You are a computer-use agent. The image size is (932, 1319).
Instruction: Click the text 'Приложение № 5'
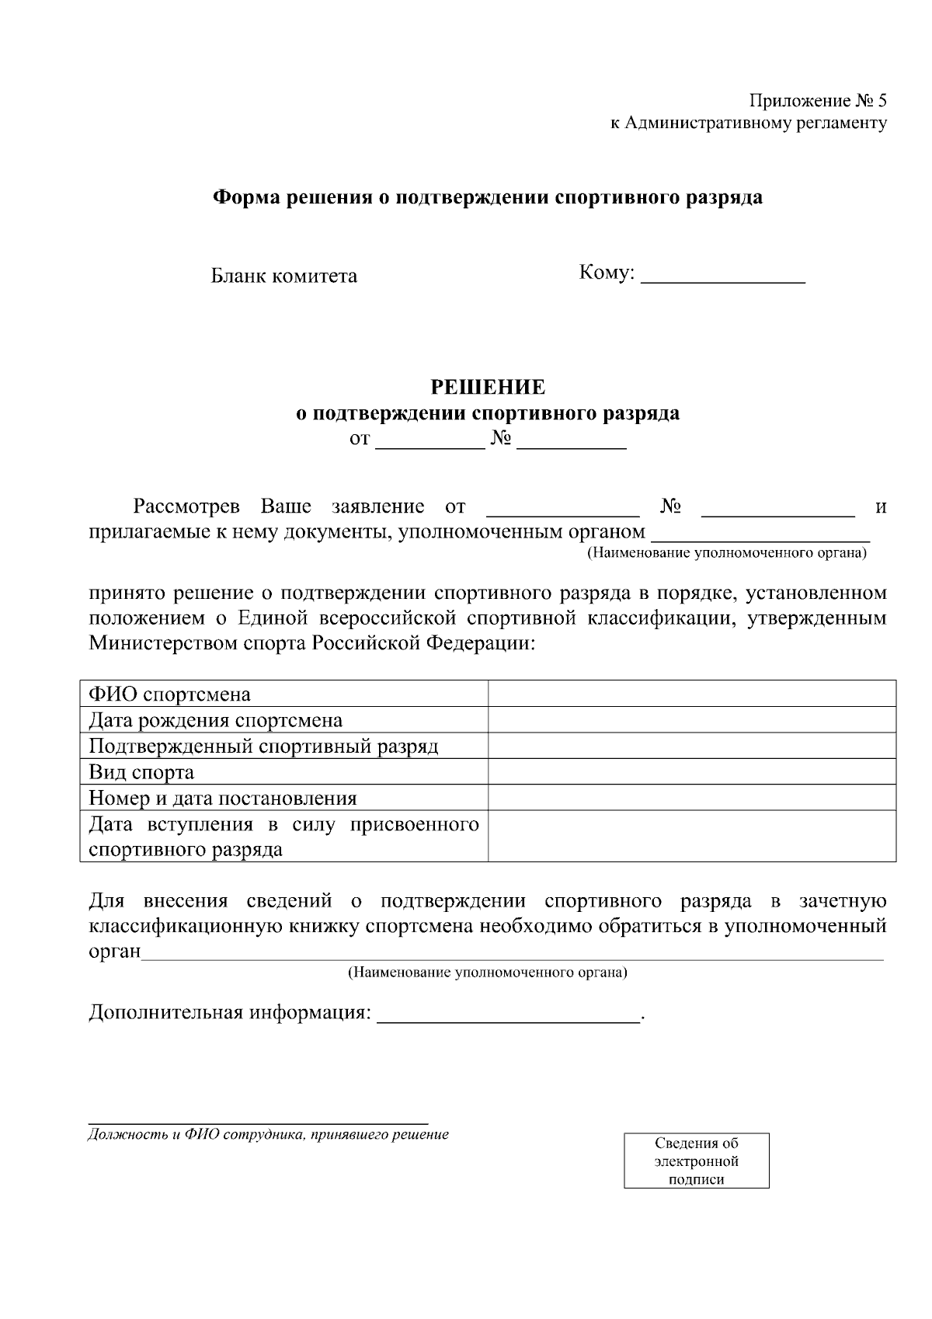(817, 101)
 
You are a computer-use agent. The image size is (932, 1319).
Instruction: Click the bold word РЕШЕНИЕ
(488, 387)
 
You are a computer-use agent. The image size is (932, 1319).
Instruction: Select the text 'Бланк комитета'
(284, 276)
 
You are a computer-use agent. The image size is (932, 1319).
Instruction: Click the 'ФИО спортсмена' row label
(169, 694)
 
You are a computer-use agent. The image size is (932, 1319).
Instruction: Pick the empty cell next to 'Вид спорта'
(691, 772)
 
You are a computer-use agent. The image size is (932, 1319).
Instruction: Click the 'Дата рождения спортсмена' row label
(215, 720)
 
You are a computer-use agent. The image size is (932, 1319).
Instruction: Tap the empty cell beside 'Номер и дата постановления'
(691, 798)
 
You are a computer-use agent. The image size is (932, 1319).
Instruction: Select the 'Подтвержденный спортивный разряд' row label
(263, 747)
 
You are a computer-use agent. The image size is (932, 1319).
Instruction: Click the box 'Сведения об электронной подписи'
(696, 1161)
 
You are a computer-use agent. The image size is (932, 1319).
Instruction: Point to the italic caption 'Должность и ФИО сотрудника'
(268, 1135)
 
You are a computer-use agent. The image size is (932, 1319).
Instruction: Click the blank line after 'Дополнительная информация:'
(508, 1014)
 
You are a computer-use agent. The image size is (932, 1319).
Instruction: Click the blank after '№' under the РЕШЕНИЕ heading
(571, 441)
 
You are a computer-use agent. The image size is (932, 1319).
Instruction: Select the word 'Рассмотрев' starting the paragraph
(186, 507)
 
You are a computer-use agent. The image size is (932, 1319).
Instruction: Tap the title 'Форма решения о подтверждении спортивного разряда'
(488, 197)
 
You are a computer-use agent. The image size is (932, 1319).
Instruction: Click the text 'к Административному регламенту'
(748, 123)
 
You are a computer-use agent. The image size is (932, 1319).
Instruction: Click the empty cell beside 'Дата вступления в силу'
(691, 837)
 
